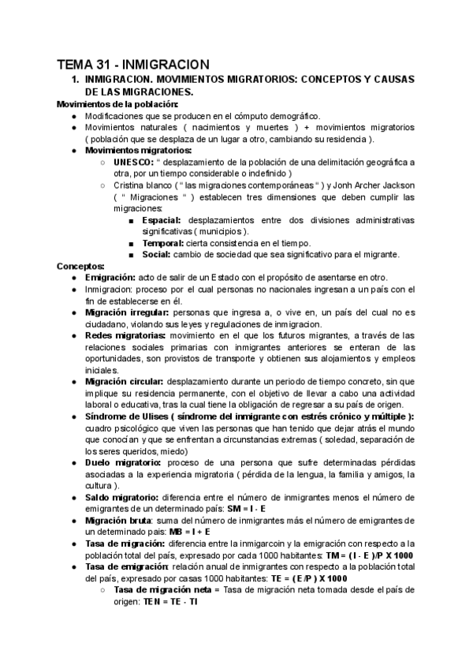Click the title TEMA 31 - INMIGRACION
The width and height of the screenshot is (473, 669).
coord(132,64)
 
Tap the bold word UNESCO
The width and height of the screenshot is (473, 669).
coord(135,162)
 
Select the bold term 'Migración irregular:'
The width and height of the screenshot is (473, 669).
coord(125,312)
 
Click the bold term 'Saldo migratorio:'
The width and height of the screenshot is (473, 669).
coord(121,498)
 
